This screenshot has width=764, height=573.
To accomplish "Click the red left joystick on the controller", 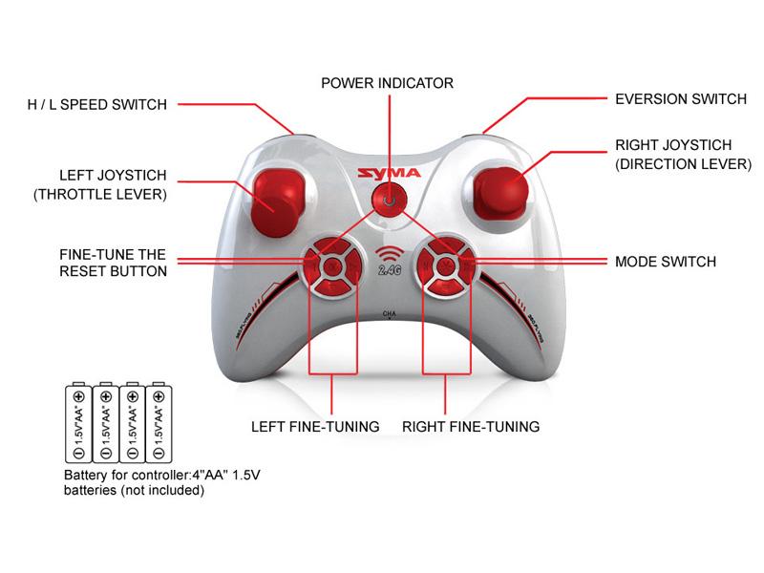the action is point(278,202).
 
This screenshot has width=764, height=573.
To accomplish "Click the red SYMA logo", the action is point(389,173).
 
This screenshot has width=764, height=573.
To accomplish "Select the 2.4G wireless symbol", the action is point(390,261).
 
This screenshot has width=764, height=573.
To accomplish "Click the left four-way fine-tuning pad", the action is point(332,266).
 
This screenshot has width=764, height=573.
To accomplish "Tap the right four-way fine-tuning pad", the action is point(445,266).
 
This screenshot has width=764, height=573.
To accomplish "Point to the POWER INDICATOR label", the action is point(388,83).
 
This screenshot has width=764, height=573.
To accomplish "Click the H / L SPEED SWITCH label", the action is point(97,105).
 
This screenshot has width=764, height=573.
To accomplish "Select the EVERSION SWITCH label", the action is point(681,99).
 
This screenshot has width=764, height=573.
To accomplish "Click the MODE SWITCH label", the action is point(666,262).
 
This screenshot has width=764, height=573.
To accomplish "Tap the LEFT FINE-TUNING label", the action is point(315,427).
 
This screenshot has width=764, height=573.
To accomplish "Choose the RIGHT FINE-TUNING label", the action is point(471,427).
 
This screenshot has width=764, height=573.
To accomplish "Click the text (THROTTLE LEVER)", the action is point(100,195).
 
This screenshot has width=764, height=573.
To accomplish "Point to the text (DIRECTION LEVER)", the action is point(683,164).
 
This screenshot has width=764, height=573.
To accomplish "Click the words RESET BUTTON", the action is point(113,271).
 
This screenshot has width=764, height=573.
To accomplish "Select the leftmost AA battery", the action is point(78,422).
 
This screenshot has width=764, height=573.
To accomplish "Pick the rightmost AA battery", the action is point(159,422).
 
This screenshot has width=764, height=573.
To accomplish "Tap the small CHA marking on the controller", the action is point(390,314).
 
